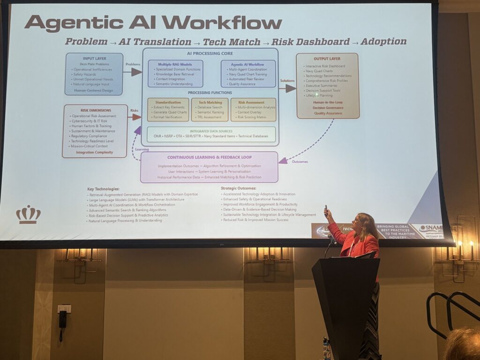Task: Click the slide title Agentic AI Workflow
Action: (x=153, y=22)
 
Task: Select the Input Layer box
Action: (x=94, y=74)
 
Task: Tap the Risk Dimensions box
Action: (x=95, y=131)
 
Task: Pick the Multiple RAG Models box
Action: (x=175, y=74)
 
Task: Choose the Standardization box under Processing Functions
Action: (x=168, y=110)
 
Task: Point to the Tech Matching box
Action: (x=210, y=110)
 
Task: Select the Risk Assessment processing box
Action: (x=253, y=110)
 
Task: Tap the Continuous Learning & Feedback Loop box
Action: (x=209, y=167)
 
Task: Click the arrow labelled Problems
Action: (x=133, y=72)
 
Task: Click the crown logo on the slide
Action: (x=28, y=214)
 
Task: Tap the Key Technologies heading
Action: (x=103, y=189)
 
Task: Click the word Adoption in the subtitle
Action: (x=383, y=41)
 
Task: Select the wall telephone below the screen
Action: (x=62, y=319)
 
